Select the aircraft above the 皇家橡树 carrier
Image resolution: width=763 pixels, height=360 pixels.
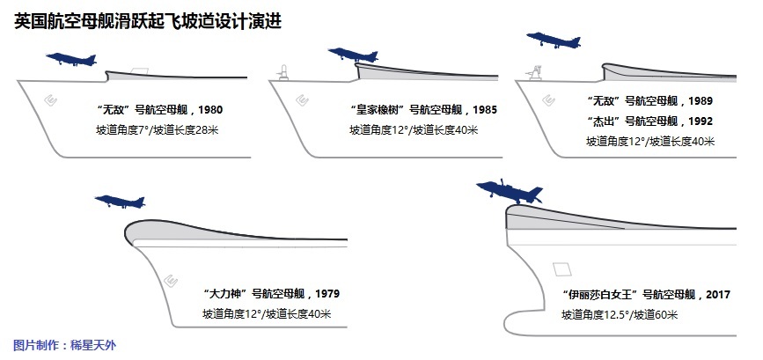[x=350, y=55]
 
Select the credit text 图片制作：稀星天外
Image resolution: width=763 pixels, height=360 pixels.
[x=64, y=345]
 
